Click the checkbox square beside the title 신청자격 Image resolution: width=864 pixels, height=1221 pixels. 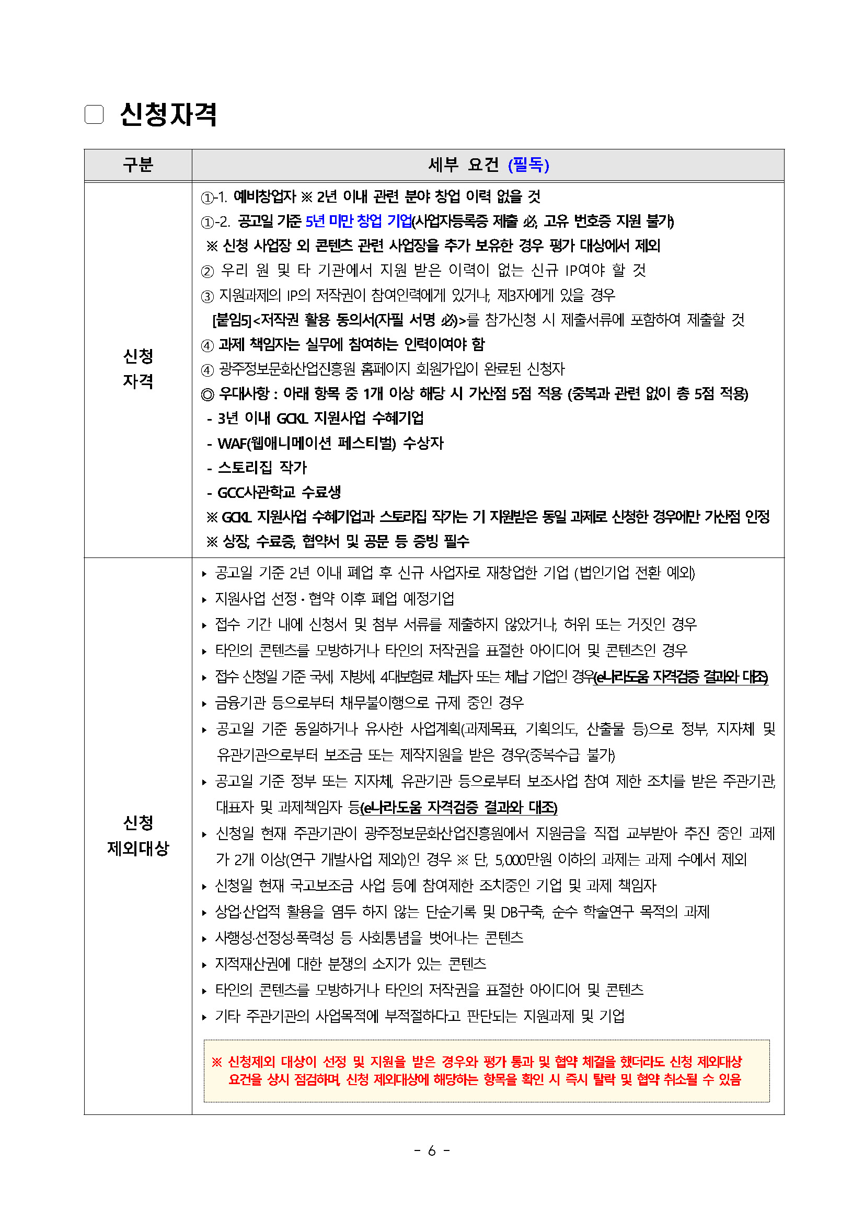pyautogui.click(x=94, y=114)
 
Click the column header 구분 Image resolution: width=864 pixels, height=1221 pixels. pyautogui.click(x=138, y=165)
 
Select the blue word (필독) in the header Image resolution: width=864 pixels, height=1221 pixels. pyautogui.click(x=528, y=165)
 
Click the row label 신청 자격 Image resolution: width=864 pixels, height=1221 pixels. pyautogui.click(x=138, y=368)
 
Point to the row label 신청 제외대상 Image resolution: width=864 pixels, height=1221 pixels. pyautogui.click(x=138, y=835)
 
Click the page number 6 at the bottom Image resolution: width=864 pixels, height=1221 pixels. pyautogui.click(x=431, y=1151)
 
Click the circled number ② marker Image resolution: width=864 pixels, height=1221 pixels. pyautogui.click(x=207, y=271)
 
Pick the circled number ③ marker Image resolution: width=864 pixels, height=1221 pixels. pyautogui.click(x=207, y=296)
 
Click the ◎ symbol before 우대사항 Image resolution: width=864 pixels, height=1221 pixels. pyautogui.click(x=207, y=394)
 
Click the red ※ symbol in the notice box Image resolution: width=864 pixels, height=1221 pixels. pyautogui.click(x=216, y=1062)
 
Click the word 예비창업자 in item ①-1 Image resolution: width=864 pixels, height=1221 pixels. pyautogui.click(x=264, y=196)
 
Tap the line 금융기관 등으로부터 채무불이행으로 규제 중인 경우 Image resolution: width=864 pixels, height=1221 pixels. pyautogui.click(x=369, y=703)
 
